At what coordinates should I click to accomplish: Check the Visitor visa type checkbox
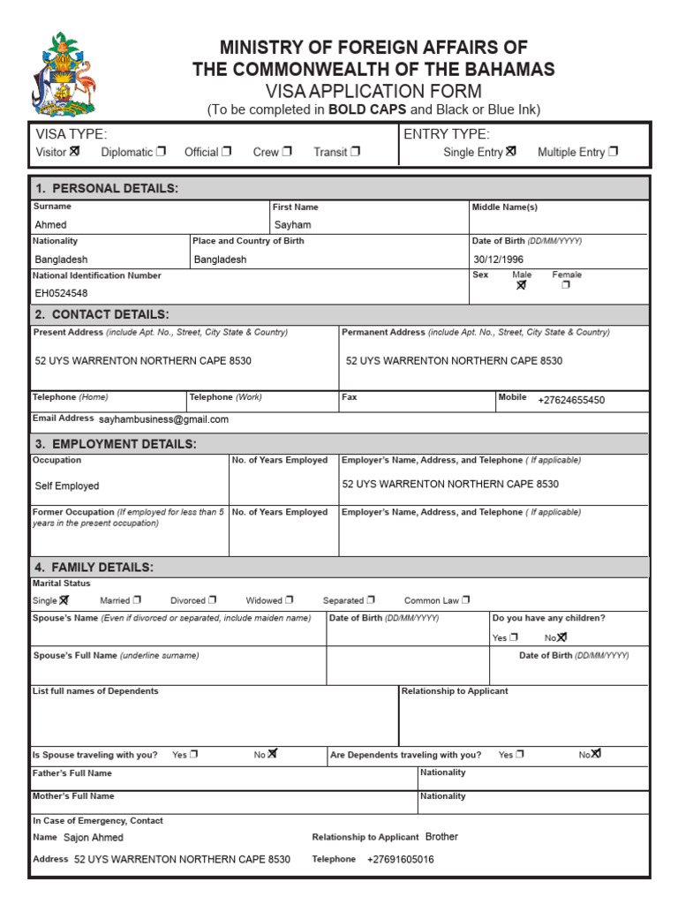74,151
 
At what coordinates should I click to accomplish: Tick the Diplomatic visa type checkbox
161,151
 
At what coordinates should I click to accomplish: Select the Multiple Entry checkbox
614,151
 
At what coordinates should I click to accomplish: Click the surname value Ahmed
50,224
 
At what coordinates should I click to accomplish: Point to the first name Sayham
292,224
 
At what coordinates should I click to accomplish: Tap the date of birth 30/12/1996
499,260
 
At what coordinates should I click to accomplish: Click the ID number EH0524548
61,293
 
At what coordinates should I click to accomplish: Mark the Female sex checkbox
566,285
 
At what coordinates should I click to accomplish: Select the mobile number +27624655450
571,400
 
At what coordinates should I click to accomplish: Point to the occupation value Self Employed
67,486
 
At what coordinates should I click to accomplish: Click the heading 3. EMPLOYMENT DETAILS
116,443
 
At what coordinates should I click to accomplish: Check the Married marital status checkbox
137,600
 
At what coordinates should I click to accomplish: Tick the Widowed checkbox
290,600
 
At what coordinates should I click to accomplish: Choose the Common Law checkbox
465,600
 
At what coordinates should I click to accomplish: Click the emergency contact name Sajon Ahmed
94,837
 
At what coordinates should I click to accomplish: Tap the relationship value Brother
441,836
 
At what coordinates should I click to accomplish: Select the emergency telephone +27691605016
400,859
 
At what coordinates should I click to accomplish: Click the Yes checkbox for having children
514,637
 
